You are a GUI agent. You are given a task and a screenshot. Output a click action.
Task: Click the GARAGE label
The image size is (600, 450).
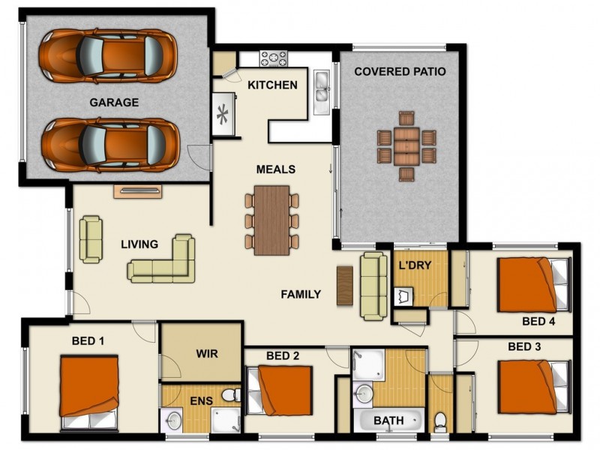114,103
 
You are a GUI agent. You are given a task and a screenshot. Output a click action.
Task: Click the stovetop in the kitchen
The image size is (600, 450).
274,58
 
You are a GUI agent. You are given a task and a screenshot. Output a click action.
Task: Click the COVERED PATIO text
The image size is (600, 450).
400,72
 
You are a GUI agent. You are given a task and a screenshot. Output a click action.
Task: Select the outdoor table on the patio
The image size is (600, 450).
406,146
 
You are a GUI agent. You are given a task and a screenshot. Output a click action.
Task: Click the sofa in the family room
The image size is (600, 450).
373,286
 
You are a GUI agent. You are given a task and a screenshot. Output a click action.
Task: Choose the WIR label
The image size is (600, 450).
206,353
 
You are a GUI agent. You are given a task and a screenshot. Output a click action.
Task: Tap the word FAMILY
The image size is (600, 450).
301,294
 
